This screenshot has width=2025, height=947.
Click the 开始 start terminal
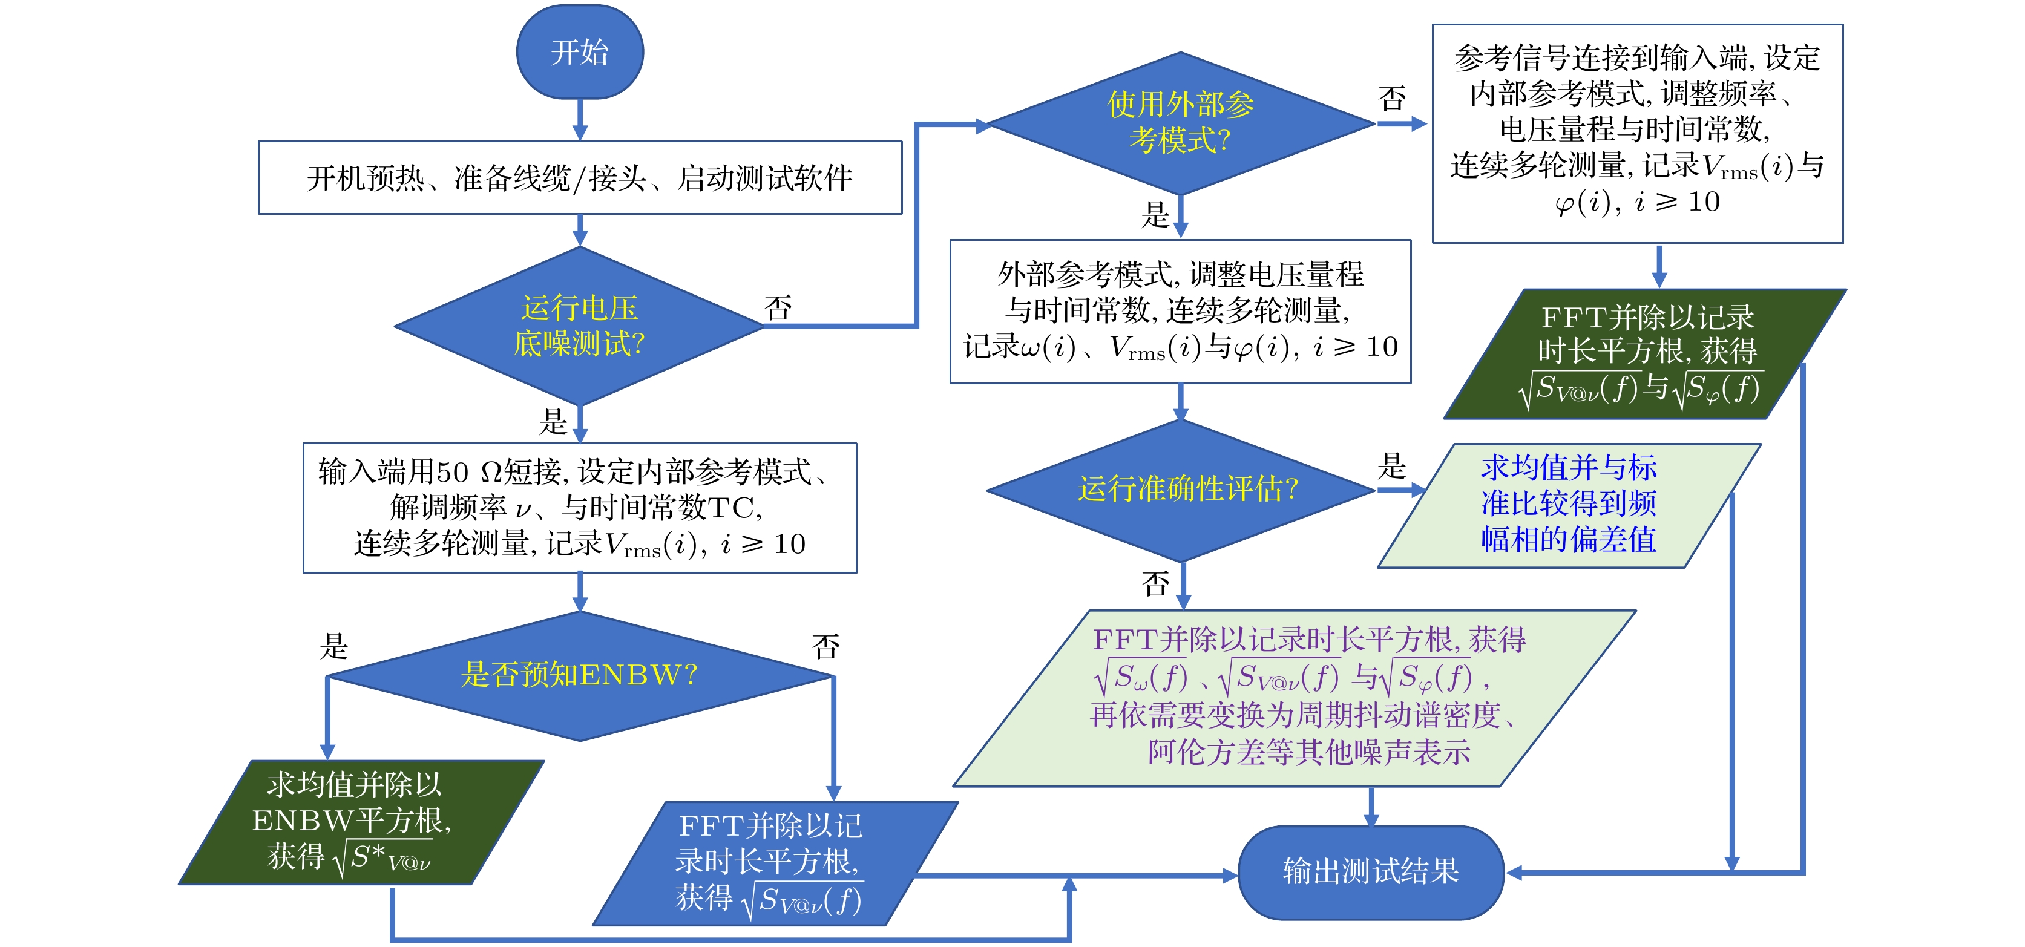click(579, 52)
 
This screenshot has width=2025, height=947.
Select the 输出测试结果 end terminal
click(1370, 871)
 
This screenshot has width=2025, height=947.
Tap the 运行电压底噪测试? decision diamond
click(579, 326)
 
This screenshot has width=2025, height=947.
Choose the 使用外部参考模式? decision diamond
click(1180, 123)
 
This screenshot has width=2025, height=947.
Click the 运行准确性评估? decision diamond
click(1180, 490)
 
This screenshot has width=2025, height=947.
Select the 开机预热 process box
click(579, 178)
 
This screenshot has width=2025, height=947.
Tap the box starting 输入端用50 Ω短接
click(579, 508)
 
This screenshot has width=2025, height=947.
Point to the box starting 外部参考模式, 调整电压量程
click(1180, 311)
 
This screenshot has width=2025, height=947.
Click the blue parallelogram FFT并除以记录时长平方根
click(774, 863)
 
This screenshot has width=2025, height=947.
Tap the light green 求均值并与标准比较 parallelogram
click(1568, 505)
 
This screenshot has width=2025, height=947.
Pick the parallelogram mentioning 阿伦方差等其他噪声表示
click(1294, 698)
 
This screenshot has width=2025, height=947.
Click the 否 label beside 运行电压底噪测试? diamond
click(778, 307)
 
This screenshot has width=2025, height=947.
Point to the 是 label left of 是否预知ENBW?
click(334, 646)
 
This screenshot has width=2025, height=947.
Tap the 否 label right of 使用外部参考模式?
click(1391, 98)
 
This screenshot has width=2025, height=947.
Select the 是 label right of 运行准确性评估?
click(1391, 466)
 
